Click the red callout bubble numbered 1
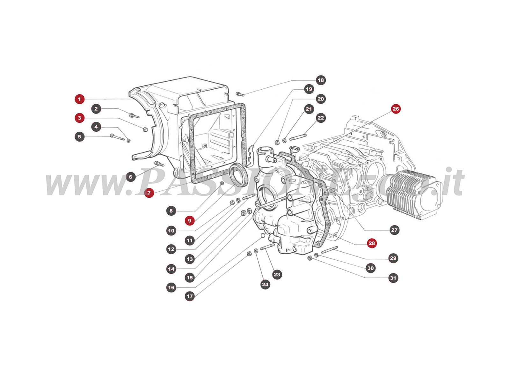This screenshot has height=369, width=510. click(x=79, y=99)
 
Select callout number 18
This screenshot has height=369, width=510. click(x=321, y=80)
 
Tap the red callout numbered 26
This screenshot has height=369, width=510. click(x=396, y=109)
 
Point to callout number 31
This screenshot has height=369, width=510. click(x=393, y=278)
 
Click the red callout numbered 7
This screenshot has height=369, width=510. click(x=149, y=193)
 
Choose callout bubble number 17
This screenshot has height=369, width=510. click(x=190, y=296)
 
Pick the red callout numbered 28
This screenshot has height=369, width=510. click(x=372, y=243)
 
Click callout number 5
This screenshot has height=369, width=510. click(x=79, y=137)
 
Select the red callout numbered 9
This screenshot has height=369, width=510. click(x=190, y=221)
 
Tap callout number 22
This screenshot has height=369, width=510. click(x=321, y=118)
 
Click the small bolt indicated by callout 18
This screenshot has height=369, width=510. click(x=240, y=94)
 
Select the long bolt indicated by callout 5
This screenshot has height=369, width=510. click(x=117, y=137)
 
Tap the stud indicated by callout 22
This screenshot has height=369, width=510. click(x=298, y=137)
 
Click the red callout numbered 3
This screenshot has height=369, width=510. click(x=79, y=118)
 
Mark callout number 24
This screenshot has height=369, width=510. click(x=265, y=284)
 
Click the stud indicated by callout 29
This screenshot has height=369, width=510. click(x=329, y=250)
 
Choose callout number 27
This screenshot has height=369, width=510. click(x=394, y=230)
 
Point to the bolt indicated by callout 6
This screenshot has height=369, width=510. click(x=159, y=164)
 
